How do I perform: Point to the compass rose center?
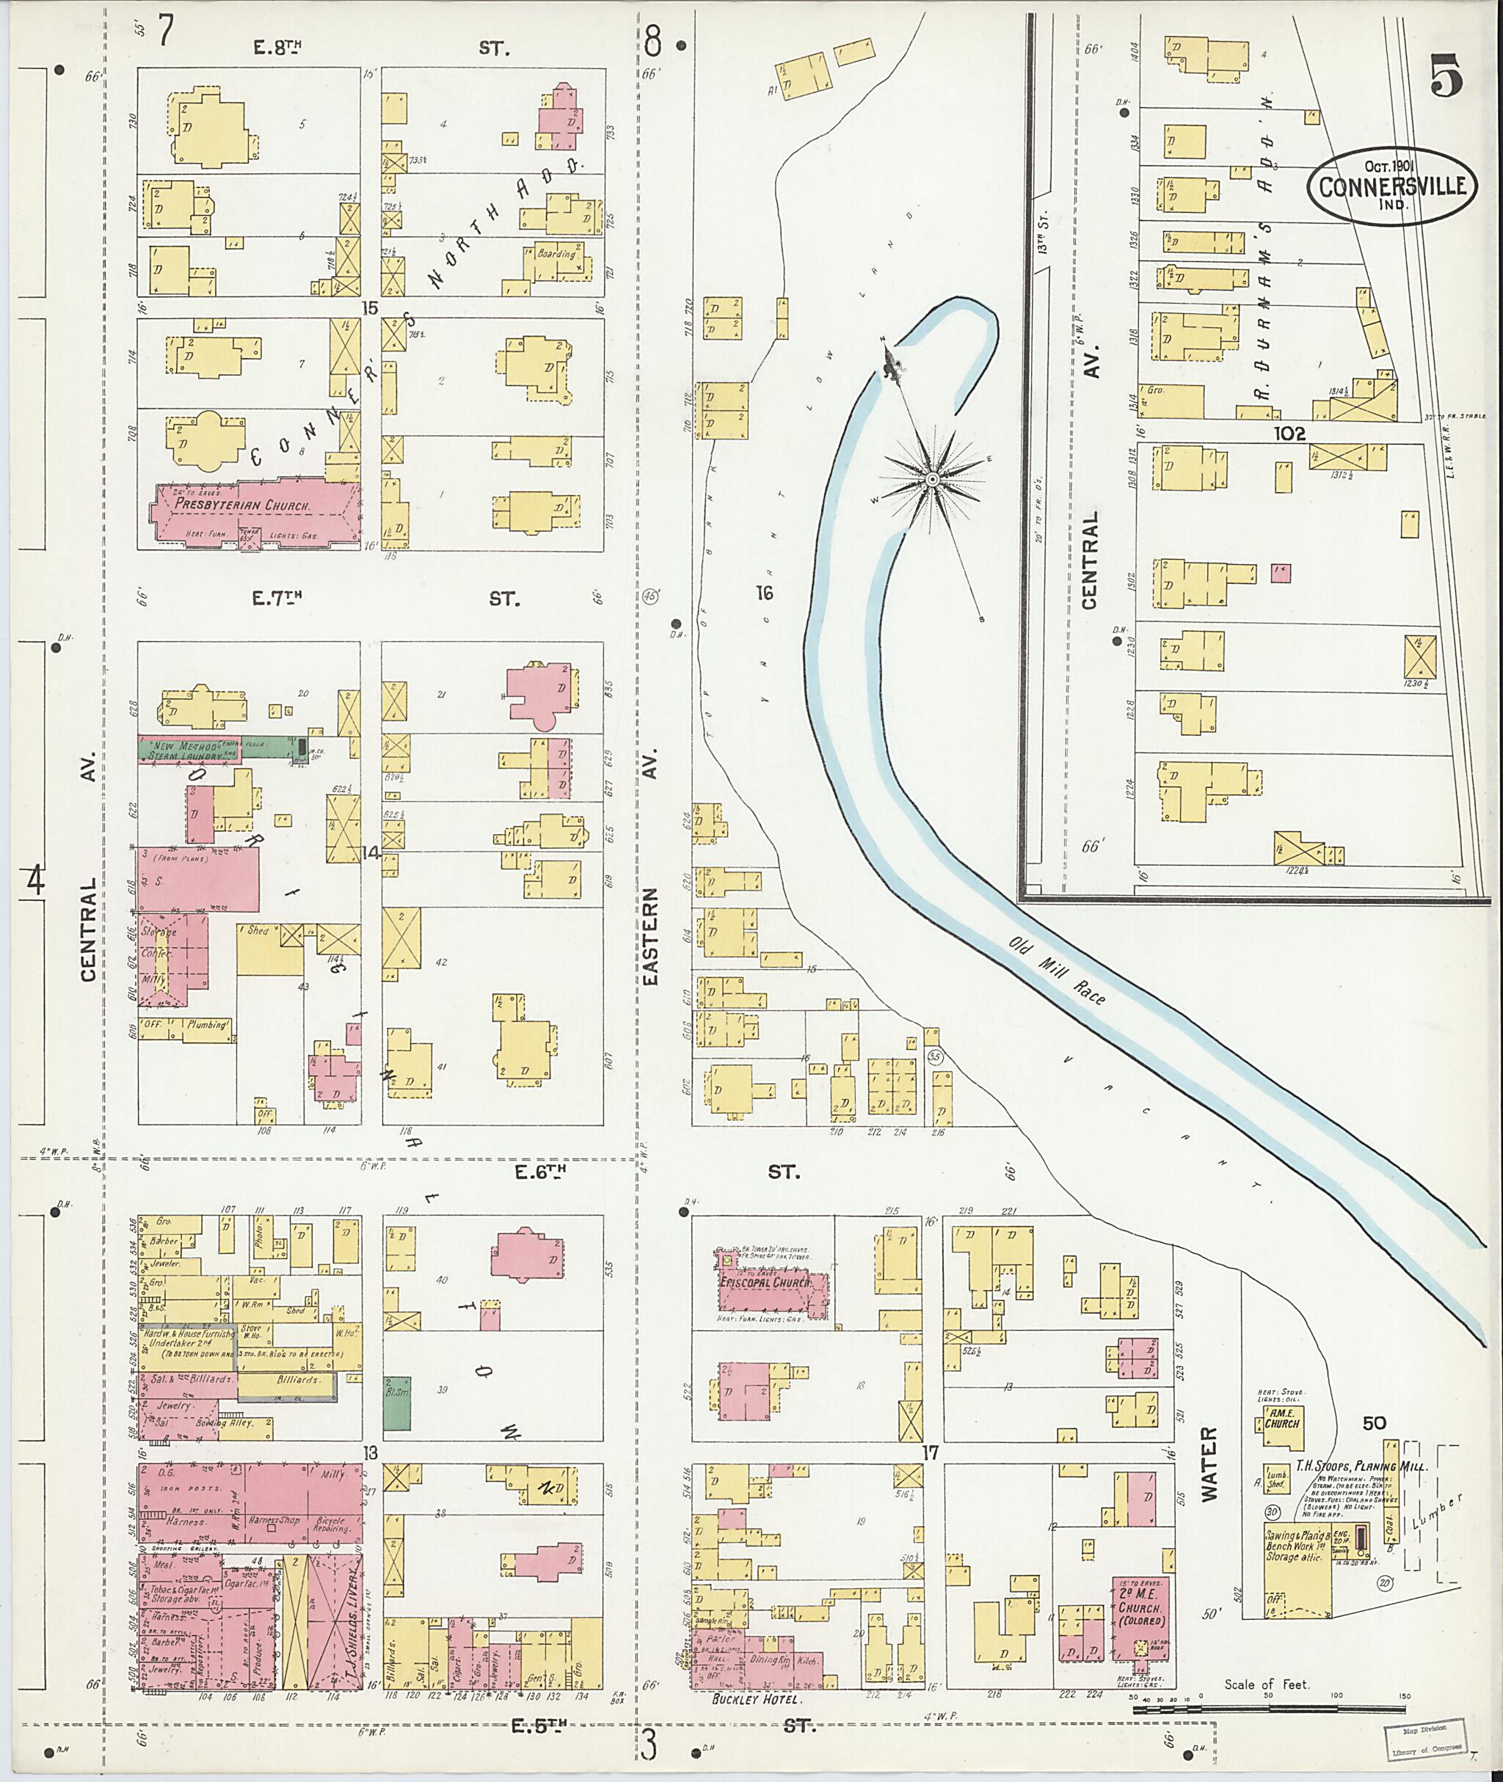(x=933, y=481)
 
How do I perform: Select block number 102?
(x=1290, y=433)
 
